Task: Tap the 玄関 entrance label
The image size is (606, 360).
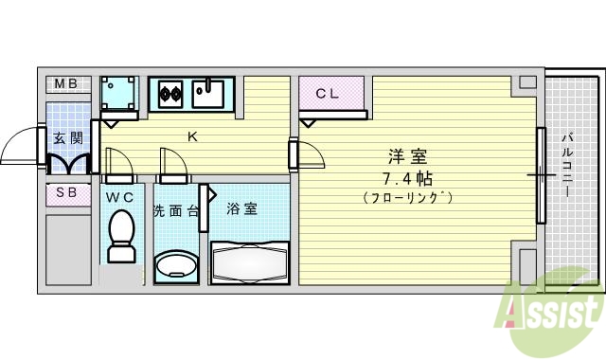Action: pos(67,138)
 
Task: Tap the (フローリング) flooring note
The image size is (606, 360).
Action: pos(407,197)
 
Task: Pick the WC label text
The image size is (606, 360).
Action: pos(120,197)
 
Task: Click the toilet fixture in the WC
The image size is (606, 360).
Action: pos(120,237)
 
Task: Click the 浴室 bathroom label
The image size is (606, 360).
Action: pos(242,208)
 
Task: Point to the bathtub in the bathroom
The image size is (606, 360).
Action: pos(248,259)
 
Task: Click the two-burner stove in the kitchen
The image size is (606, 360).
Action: pos(169,94)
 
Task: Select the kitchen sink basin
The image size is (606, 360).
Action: pos(208,94)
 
